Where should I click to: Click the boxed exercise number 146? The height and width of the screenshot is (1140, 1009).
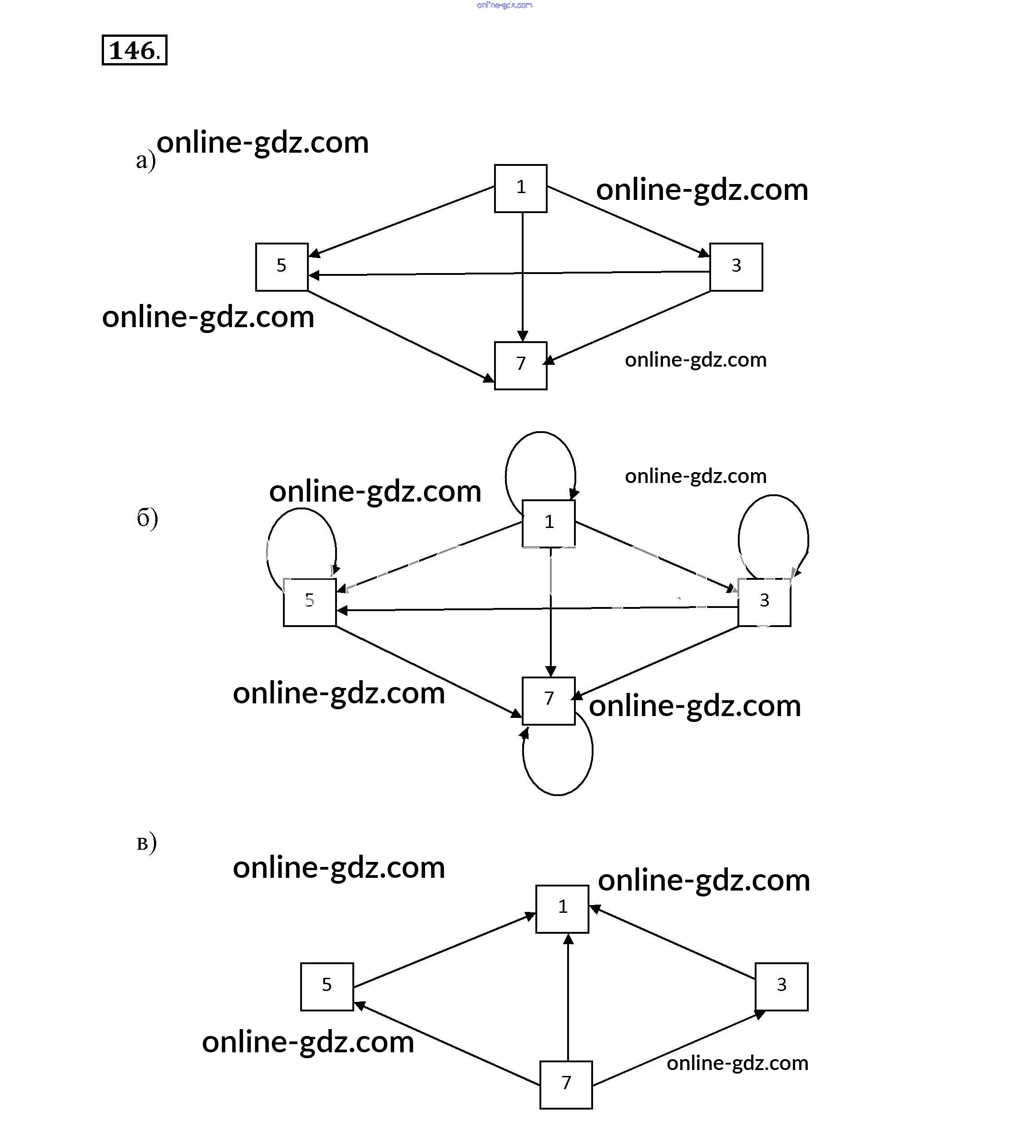pos(134,50)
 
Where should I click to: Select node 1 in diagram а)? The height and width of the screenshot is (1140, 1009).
pos(521,188)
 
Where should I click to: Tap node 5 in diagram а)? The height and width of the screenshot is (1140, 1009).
pos(282,267)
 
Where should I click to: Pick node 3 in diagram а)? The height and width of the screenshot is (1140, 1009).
pos(736,267)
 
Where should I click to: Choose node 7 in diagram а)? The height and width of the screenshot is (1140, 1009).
pos(521,365)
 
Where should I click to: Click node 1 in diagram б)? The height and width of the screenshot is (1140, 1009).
pos(549,523)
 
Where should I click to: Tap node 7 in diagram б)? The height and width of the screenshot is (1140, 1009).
pos(549,701)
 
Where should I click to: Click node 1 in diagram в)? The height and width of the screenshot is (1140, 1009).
pos(562,909)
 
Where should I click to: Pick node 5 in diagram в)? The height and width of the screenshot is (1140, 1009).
pos(326,986)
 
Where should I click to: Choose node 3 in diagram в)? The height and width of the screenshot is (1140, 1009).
pos(781,986)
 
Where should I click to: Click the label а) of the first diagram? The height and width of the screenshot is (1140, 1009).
pos(145,161)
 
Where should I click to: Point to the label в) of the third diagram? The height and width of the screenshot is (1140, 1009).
pos(146,844)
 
